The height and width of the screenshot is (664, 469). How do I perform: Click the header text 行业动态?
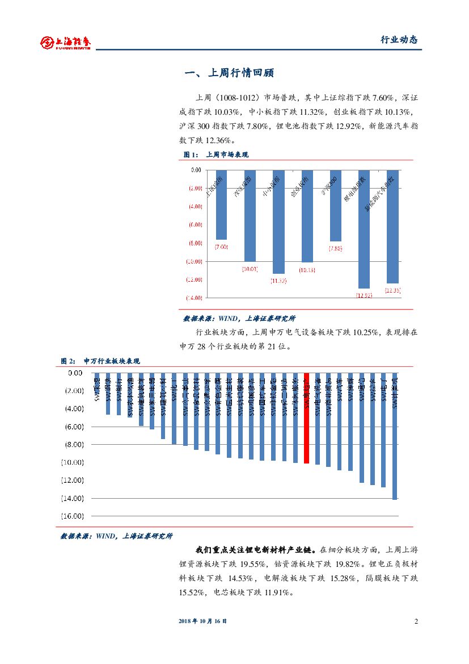(x=398, y=40)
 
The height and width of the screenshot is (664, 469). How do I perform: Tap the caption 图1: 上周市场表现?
(x=216, y=154)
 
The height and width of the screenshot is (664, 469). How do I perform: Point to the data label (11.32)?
(x=278, y=281)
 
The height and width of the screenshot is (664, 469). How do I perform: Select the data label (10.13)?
(x=307, y=270)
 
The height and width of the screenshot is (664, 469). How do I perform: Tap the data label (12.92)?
(x=364, y=295)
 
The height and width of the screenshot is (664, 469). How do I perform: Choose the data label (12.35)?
(x=392, y=290)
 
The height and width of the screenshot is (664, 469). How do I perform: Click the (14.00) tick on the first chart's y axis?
(x=195, y=298)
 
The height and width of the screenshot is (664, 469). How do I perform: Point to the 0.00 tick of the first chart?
(x=196, y=170)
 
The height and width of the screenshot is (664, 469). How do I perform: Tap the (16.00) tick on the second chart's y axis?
(x=72, y=516)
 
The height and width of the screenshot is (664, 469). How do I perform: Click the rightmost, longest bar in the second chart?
(x=395, y=443)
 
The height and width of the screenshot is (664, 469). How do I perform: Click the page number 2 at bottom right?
(x=416, y=621)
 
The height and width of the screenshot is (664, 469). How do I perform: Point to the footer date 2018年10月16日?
(x=202, y=621)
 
